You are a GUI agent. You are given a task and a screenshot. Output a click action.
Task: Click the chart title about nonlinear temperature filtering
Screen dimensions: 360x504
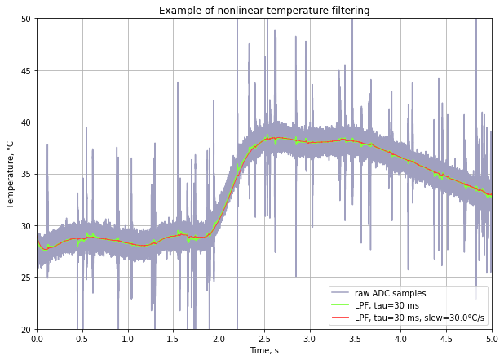(263, 11)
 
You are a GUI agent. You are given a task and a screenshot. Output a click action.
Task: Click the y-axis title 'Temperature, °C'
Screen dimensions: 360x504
(11, 174)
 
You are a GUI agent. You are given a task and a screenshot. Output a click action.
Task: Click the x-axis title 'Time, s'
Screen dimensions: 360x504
(263, 350)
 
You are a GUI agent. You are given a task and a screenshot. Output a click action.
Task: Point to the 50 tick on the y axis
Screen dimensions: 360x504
(26, 19)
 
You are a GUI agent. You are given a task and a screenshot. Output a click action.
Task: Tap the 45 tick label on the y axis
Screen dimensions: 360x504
(26, 70)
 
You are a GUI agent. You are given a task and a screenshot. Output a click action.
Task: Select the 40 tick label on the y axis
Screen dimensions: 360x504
(26, 122)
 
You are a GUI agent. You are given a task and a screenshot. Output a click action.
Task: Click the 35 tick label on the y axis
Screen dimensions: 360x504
(26, 174)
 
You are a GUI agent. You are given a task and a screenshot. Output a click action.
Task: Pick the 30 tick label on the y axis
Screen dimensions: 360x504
(26, 226)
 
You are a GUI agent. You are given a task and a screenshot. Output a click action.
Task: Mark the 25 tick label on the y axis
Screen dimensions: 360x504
(26, 278)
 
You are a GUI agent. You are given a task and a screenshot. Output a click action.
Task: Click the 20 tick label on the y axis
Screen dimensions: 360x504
(26, 330)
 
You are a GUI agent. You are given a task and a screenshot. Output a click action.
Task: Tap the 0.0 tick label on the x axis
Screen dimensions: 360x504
(37, 338)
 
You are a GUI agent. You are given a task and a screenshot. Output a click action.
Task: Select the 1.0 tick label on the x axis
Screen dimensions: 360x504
(127, 338)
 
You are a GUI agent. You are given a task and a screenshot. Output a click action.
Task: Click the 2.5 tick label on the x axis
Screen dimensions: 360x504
(264, 338)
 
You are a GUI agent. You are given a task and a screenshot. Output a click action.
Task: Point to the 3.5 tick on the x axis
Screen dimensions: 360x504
(355, 338)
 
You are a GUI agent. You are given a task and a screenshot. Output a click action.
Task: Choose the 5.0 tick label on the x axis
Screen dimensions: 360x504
(491, 338)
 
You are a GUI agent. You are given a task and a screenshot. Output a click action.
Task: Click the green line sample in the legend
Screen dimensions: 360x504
(344, 305)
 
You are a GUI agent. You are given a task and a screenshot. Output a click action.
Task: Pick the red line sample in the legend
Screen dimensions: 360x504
(344, 318)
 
